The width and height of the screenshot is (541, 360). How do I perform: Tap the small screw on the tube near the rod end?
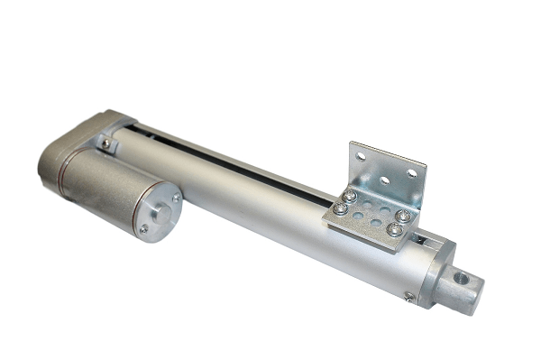(409, 296)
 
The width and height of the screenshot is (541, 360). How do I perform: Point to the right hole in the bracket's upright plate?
(410, 171)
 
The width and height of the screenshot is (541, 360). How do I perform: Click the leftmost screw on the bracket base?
(341, 208)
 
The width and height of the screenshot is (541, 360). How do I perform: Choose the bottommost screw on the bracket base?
(394, 230)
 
